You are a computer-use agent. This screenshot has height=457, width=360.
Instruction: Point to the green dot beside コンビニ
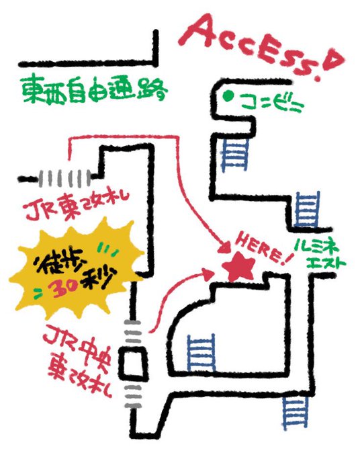[228, 95]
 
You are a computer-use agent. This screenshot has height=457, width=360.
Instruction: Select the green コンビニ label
[272, 103]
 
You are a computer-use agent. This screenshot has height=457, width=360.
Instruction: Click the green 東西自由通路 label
[95, 90]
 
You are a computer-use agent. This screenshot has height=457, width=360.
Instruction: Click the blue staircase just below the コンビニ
[235, 155]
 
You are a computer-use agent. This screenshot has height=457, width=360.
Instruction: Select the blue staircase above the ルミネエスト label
[308, 209]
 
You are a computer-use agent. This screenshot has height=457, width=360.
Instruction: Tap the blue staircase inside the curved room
[201, 353]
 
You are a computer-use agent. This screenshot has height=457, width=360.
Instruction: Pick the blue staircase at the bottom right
[295, 411]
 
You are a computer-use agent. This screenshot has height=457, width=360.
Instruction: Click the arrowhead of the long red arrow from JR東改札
[224, 247]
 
